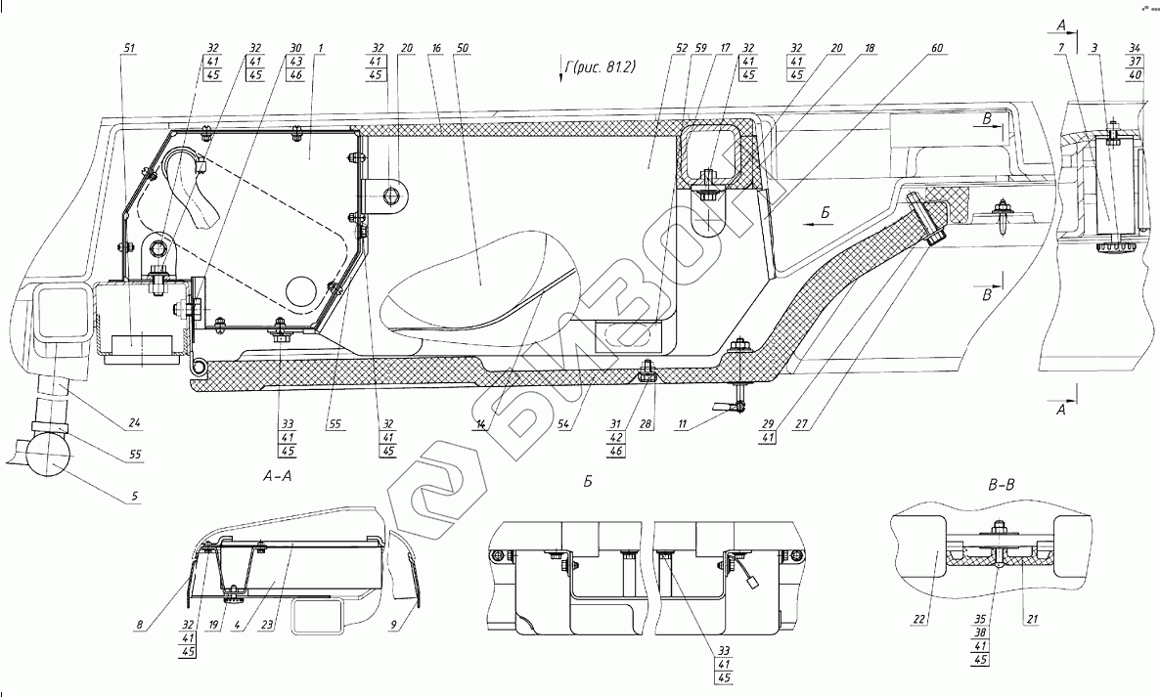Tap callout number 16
[x=435, y=46]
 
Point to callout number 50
[x=463, y=46]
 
